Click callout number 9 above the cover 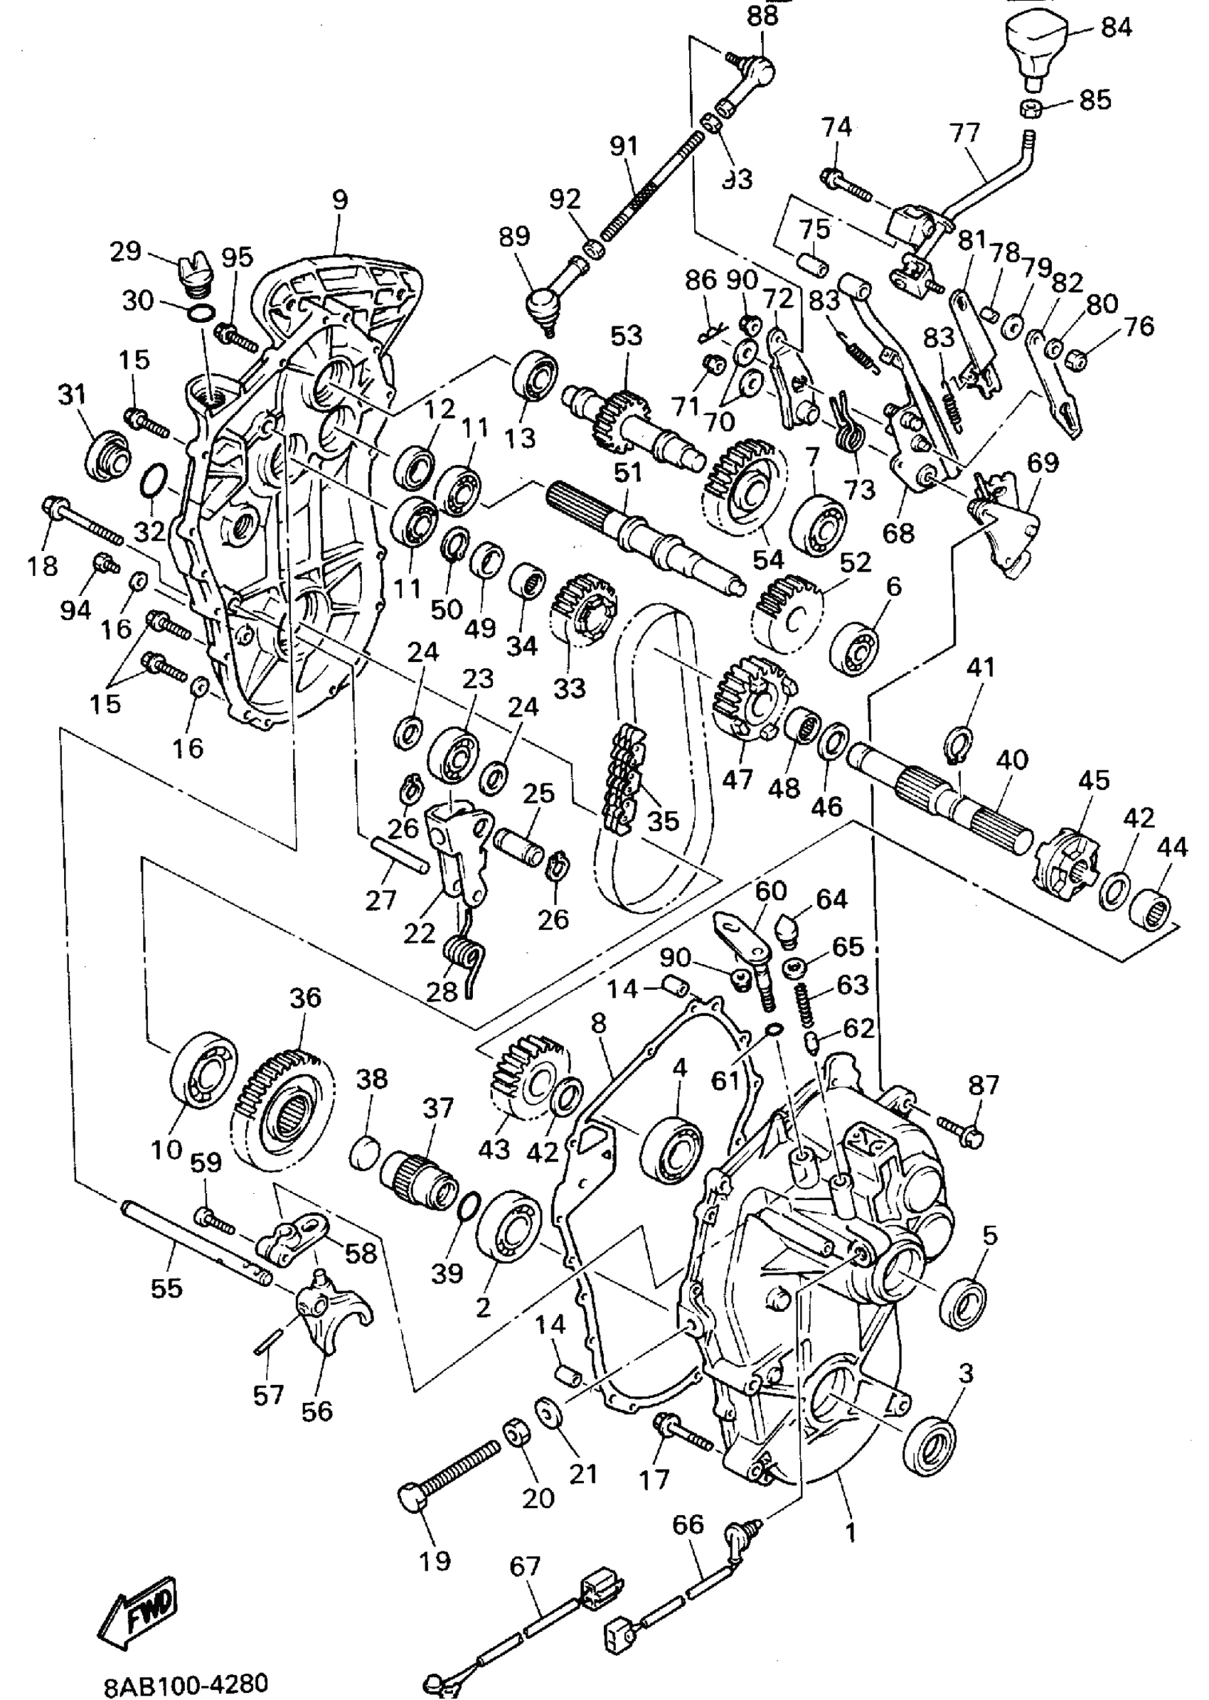(339, 200)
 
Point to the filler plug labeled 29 (194, 274)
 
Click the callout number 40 (1011, 760)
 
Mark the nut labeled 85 (1034, 107)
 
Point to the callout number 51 (627, 474)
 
